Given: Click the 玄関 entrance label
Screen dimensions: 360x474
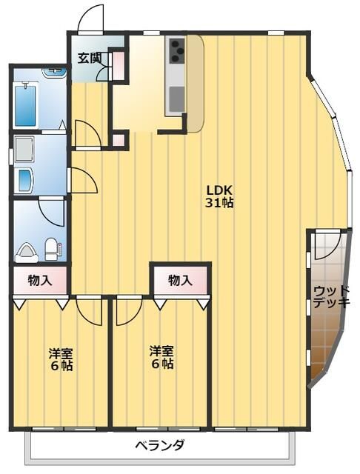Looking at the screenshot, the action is point(89,58).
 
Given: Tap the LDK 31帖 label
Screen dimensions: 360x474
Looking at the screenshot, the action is point(219,196).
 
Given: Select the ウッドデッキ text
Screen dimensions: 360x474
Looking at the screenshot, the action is point(331,297).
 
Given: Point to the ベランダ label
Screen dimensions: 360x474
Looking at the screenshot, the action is point(159,444).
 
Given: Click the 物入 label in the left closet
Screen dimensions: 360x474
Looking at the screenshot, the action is point(40,281).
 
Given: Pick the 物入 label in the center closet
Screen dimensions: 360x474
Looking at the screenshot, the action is point(180,280).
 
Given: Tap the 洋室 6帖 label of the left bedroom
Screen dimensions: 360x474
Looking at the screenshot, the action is point(61,360).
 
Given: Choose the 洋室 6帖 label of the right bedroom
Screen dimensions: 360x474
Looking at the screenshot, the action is point(162,358).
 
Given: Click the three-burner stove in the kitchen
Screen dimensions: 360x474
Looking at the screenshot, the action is point(177,51).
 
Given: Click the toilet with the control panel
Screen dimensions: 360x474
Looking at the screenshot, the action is point(53,249).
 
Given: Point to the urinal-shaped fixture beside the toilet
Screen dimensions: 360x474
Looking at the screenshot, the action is point(27,252).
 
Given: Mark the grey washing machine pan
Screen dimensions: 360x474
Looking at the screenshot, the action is point(24,150).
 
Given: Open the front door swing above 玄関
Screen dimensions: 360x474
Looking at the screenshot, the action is point(90,18).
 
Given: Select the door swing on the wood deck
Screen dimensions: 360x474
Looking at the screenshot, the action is point(328,245).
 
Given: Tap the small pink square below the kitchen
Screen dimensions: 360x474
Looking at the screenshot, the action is point(119,140).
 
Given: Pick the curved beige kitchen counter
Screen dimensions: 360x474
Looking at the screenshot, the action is point(195,84).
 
